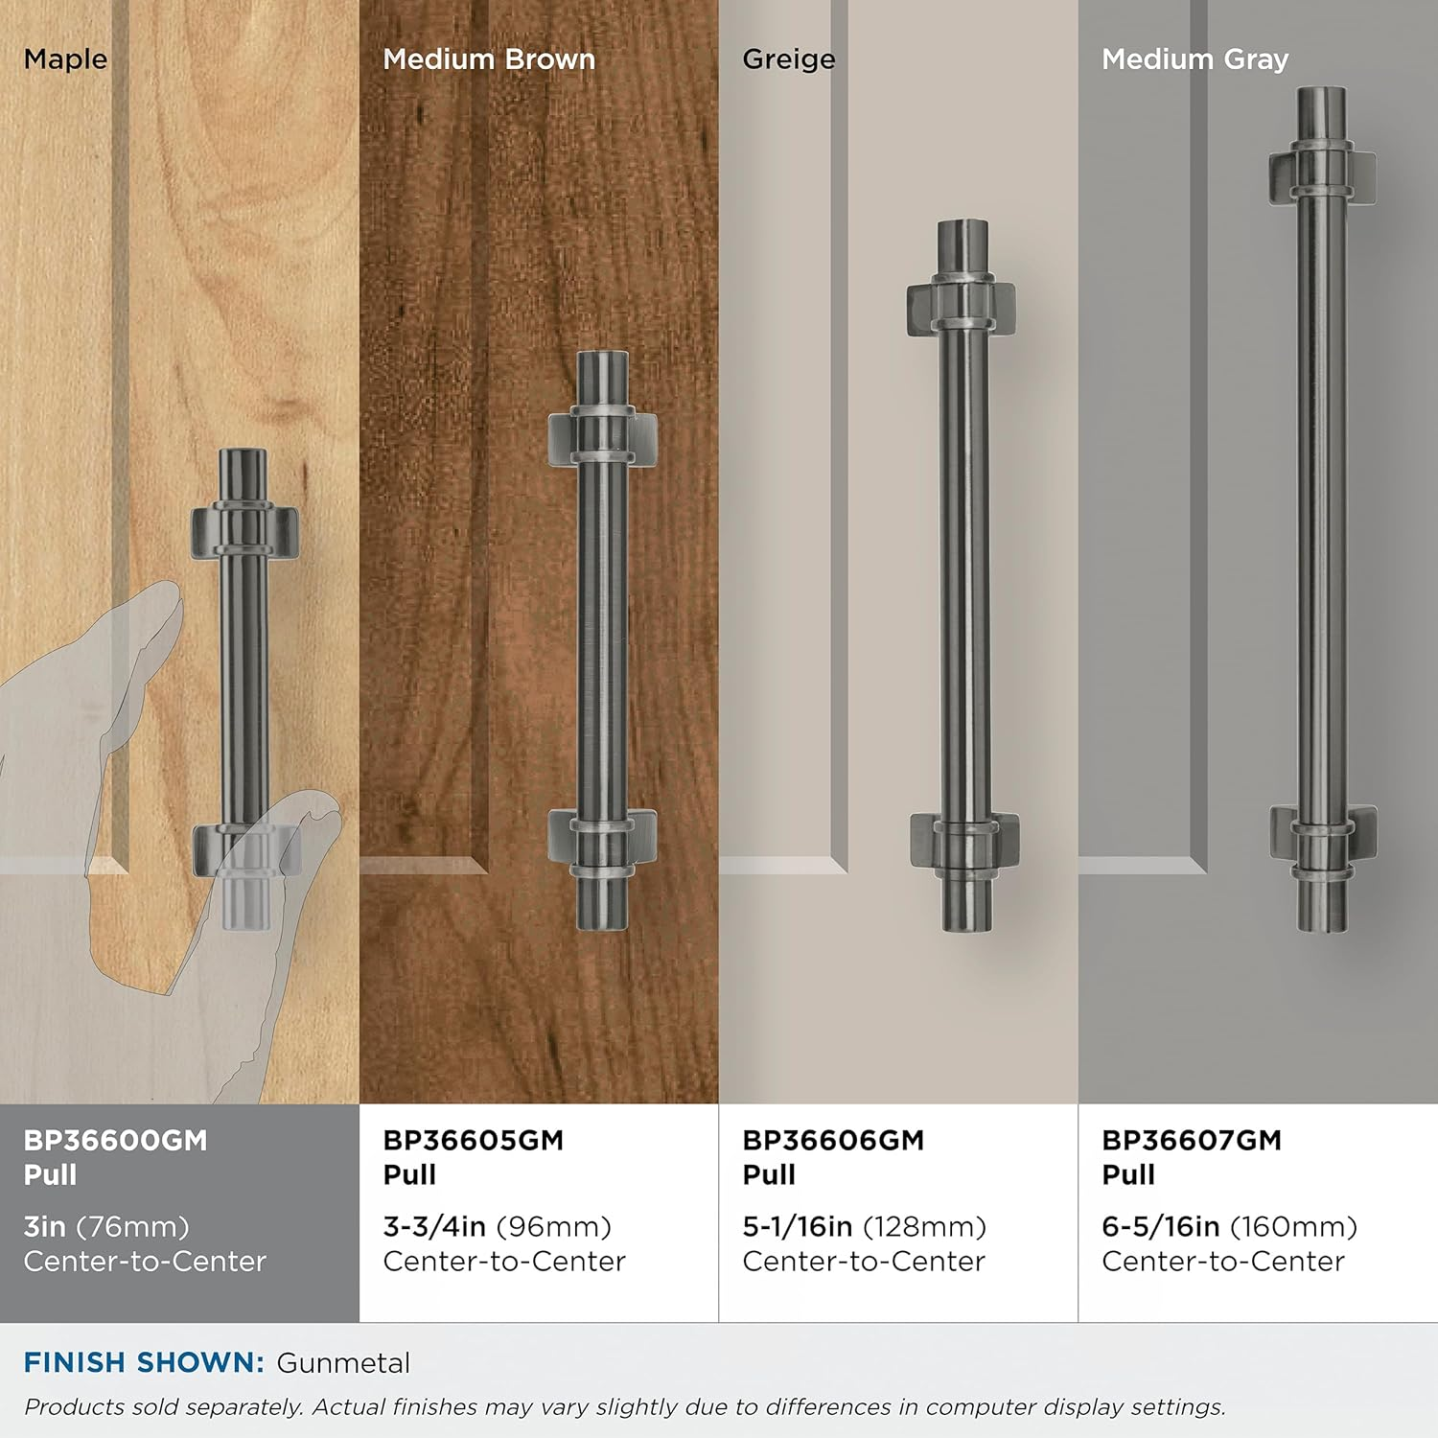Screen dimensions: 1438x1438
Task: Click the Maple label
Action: [x=65, y=59]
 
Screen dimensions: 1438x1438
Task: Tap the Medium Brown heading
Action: [x=489, y=59]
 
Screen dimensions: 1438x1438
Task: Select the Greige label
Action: [x=789, y=60]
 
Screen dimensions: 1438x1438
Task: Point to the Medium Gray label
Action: [x=1195, y=60]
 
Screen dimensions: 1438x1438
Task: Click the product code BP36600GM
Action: [x=115, y=1140]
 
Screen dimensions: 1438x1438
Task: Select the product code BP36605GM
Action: [x=474, y=1140]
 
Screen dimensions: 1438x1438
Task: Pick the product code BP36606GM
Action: [x=833, y=1140]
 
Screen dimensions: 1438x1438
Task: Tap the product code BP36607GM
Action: [x=1192, y=1140]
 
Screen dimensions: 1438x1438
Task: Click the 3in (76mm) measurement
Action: [x=106, y=1227]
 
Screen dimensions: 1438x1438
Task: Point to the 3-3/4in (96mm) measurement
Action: [x=498, y=1227]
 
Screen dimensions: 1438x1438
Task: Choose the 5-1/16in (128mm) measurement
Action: [x=865, y=1227]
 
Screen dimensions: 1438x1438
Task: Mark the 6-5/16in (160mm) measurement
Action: [x=1230, y=1227]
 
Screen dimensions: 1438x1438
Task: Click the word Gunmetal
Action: [x=343, y=1363]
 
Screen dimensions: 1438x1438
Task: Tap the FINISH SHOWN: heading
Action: [x=144, y=1363]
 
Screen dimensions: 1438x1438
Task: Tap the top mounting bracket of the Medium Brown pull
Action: [x=603, y=436]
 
